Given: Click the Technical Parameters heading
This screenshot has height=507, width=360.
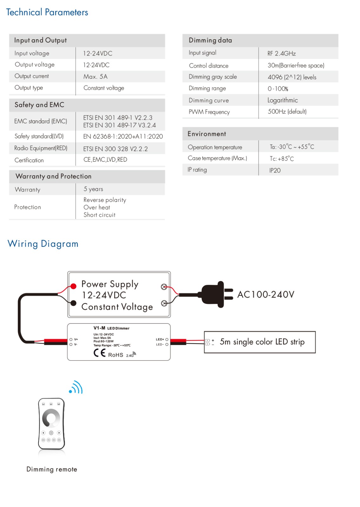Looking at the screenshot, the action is tap(47, 12).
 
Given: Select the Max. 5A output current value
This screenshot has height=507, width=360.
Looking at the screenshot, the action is tap(95, 76).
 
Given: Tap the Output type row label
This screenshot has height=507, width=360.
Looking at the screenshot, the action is tap(29, 88).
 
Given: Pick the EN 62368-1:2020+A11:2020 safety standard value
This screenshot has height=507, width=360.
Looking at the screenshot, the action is tap(123, 137).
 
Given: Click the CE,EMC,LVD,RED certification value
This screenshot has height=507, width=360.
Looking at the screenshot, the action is tap(105, 160).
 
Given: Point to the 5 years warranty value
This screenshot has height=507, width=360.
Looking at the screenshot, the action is tap(93, 189).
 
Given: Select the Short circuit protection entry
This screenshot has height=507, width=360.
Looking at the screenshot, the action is tap(100, 215).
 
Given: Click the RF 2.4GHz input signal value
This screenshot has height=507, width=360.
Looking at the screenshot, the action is tap(282, 54).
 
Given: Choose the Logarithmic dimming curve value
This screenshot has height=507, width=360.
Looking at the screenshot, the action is tap(283, 100).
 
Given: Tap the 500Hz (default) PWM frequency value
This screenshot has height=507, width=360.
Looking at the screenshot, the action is tap(287, 112).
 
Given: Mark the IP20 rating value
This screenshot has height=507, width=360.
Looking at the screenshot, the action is tap(275, 170).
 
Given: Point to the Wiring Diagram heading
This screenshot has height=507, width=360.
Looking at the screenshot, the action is tap(43, 244).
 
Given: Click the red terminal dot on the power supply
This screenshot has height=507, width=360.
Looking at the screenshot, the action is tap(73, 286).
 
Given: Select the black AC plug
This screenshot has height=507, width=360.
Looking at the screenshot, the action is tap(217, 294).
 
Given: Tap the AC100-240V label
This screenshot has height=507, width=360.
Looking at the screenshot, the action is tap(266, 294).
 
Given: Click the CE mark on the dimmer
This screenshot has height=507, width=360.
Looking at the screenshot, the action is tap(100, 353).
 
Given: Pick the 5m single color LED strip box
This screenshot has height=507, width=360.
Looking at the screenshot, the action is tap(260, 342).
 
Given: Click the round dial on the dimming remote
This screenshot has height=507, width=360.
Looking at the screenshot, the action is tap(51, 418).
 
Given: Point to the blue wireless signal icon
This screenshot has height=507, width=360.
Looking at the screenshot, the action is tap(76, 387).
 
